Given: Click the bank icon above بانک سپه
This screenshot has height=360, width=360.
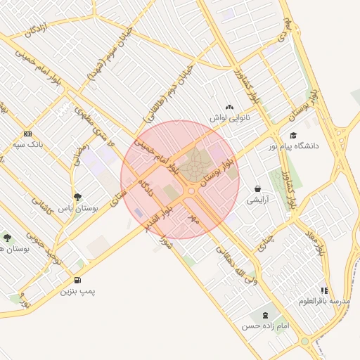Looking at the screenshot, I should [28, 134].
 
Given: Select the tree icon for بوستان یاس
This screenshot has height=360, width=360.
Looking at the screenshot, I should [77, 197].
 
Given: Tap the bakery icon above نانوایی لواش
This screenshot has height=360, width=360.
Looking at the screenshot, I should [229, 106].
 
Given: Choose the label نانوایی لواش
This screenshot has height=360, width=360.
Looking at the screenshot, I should [229, 117].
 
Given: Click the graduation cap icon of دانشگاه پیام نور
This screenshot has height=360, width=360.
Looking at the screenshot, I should [292, 136].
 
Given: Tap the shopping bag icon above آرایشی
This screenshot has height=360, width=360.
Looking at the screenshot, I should [258, 188].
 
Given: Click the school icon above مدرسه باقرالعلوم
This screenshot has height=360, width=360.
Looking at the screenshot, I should [324, 290].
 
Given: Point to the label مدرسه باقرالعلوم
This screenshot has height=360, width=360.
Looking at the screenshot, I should [324, 301].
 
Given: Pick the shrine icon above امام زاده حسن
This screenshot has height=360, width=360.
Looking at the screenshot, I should [264, 315].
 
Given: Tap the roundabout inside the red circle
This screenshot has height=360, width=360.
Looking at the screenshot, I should [191, 191].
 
